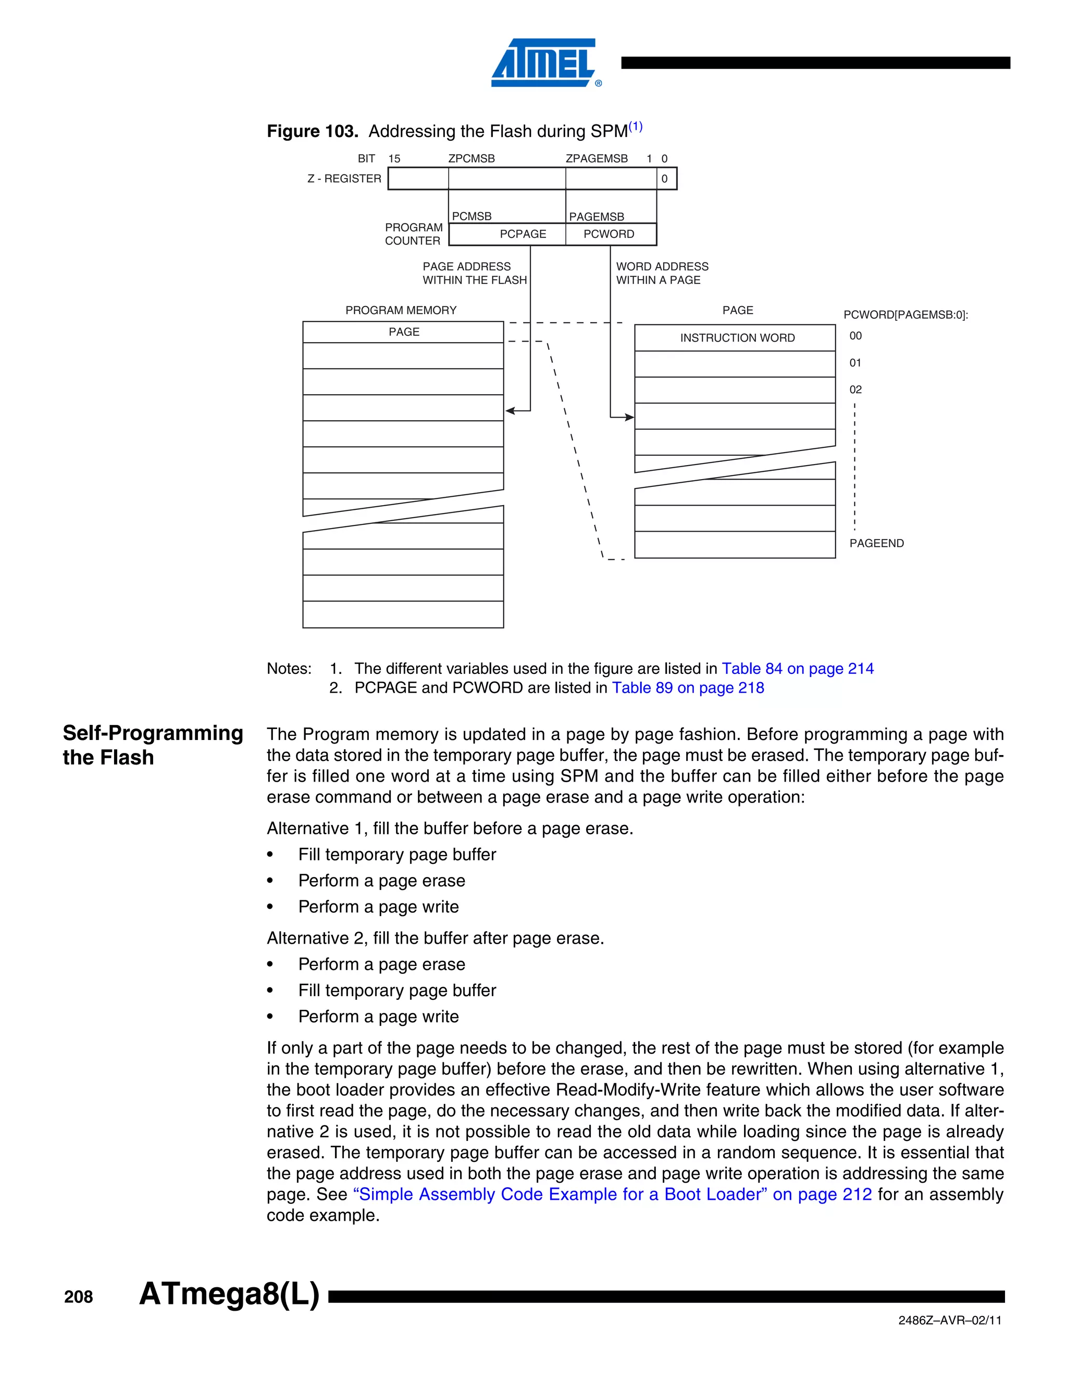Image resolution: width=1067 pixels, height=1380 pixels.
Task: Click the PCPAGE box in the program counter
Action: click(x=522, y=234)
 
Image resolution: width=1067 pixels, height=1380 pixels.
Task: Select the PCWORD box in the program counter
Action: click(x=609, y=234)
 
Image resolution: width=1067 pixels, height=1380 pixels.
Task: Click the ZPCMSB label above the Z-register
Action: click(x=471, y=159)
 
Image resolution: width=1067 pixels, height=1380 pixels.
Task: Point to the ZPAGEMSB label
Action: click(x=596, y=159)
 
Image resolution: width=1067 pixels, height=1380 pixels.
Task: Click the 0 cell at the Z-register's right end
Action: click(x=665, y=179)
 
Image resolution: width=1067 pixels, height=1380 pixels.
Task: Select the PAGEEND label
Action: click(x=876, y=543)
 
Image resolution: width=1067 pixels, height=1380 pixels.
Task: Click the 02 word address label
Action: click(x=855, y=390)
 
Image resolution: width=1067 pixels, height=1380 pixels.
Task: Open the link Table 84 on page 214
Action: click(x=797, y=669)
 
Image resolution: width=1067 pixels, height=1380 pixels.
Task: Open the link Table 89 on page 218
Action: click(x=688, y=688)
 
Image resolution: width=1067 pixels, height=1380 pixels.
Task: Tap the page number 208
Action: click(x=78, y=1297)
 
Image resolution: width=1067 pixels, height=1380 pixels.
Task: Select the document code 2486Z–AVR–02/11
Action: click(x=949, y=1321)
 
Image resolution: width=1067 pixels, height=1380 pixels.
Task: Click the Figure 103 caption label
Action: click(x=312, y=131)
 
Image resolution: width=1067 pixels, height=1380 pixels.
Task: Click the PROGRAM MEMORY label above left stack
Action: click(x=401, y=310)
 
